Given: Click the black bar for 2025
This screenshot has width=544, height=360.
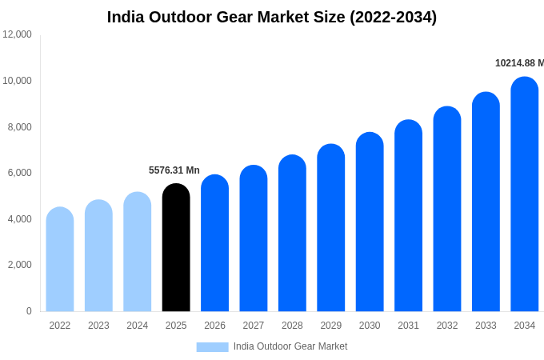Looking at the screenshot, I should pos(176,248).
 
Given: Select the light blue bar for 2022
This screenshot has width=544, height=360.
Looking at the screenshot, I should pos(60,259).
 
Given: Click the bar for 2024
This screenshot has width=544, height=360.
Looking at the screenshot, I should pos(138,252).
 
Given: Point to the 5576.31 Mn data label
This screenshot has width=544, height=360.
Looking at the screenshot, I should pos(174,170).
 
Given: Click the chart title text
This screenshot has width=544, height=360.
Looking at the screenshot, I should pos(272,17).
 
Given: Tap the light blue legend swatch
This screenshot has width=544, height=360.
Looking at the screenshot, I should pos(212,346).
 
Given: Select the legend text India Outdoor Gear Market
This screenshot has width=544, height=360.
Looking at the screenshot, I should pos(290,346).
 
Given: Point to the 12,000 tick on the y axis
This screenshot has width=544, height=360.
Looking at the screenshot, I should pos(17,34).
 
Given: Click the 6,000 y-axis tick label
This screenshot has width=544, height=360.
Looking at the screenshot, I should pos(17,173).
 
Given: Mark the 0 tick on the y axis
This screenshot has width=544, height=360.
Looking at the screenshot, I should pos(29,311).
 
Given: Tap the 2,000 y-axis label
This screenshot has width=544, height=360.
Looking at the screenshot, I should pos(17,265).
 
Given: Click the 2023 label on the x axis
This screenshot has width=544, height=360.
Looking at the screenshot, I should pos(98,326).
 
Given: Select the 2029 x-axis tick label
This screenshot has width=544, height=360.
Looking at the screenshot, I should pos(331,326).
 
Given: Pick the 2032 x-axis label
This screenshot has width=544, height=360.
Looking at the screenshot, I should pos(447,326).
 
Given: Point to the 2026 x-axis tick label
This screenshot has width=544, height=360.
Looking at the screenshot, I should pos(214,326).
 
